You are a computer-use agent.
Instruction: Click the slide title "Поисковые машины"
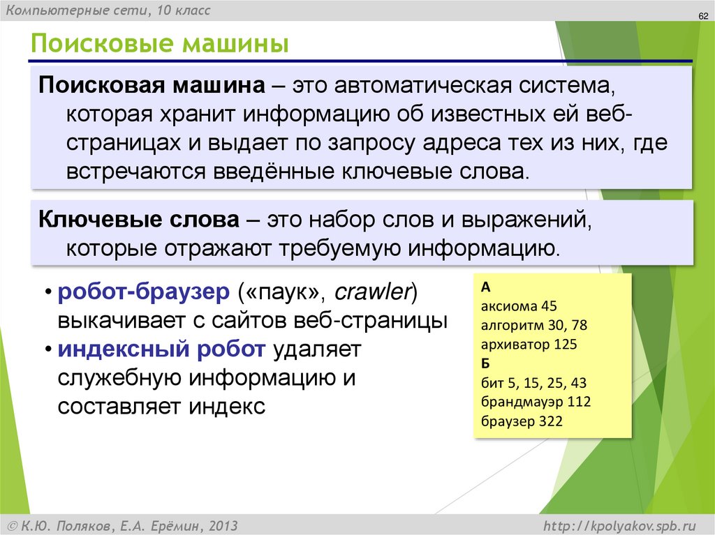(159, 44)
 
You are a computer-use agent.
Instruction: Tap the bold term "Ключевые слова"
(138, 221)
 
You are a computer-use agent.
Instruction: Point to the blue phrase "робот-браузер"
(143, 292)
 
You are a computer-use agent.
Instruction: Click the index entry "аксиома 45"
(518, 306)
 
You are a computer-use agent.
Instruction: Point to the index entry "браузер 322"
(522, 421)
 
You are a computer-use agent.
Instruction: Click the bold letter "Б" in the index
(485, 363)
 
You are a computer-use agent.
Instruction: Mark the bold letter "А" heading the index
(486, 287)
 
